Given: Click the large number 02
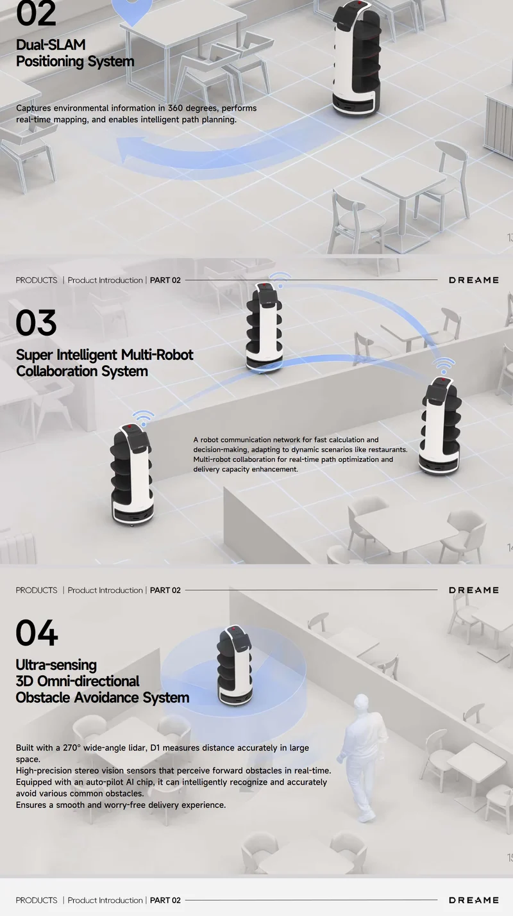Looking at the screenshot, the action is pos(36,13).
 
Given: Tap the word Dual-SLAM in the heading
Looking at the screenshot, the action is pos(51,45).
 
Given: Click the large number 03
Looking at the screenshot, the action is pos(36,323).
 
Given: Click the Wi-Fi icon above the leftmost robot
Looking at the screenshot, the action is pos(143,418).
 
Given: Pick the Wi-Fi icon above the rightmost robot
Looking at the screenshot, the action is pos(444,365).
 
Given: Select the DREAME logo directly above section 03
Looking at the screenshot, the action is pos(474,280).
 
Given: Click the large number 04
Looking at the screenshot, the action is pos(37,633).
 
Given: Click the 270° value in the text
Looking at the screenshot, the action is pos(72,748).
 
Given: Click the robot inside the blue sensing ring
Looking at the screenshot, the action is pos(234,666).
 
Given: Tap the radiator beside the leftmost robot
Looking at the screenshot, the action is pos(18,548).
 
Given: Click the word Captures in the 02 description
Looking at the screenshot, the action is pos(33,108).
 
